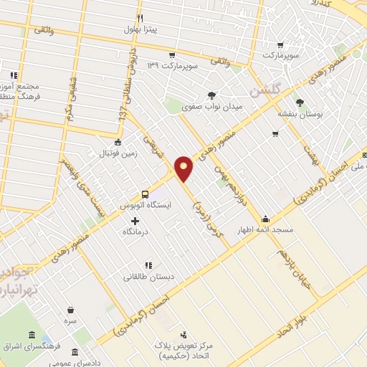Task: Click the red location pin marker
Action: [x=184, y=167]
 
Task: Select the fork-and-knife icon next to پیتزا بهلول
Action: [x=140, y=18]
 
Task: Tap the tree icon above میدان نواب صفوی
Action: [x=212, y=95]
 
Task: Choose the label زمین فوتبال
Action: [x=118, y=153]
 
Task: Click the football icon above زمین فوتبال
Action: [x=118, y=142]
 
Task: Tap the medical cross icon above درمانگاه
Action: [x=135, y=220]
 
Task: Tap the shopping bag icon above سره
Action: [x=70, y=310]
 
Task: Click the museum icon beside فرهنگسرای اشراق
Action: [x=32, y=335]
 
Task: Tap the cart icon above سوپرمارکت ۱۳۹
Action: [x=172, y=54]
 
